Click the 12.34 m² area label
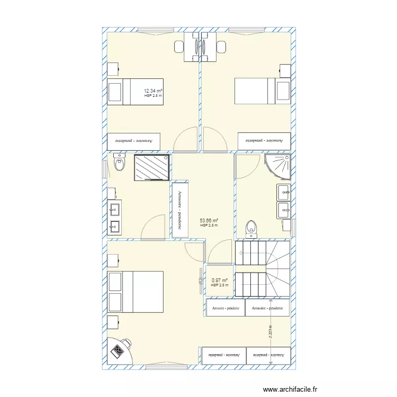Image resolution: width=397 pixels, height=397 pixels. pos(153,92)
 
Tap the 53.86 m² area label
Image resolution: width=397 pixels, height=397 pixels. pos(209,221)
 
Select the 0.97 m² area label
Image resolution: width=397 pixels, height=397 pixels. pos(220,281)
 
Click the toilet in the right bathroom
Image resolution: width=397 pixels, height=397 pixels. pos(252,228)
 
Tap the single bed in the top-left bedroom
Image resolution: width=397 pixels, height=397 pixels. pos(135,92)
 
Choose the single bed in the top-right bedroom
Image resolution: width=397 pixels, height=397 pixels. pos(263,91)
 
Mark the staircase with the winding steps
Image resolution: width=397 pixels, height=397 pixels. pos(263,269)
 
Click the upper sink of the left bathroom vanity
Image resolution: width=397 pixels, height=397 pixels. pos(114,210)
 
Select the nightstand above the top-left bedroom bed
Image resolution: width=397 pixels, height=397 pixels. pos(113,69)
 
